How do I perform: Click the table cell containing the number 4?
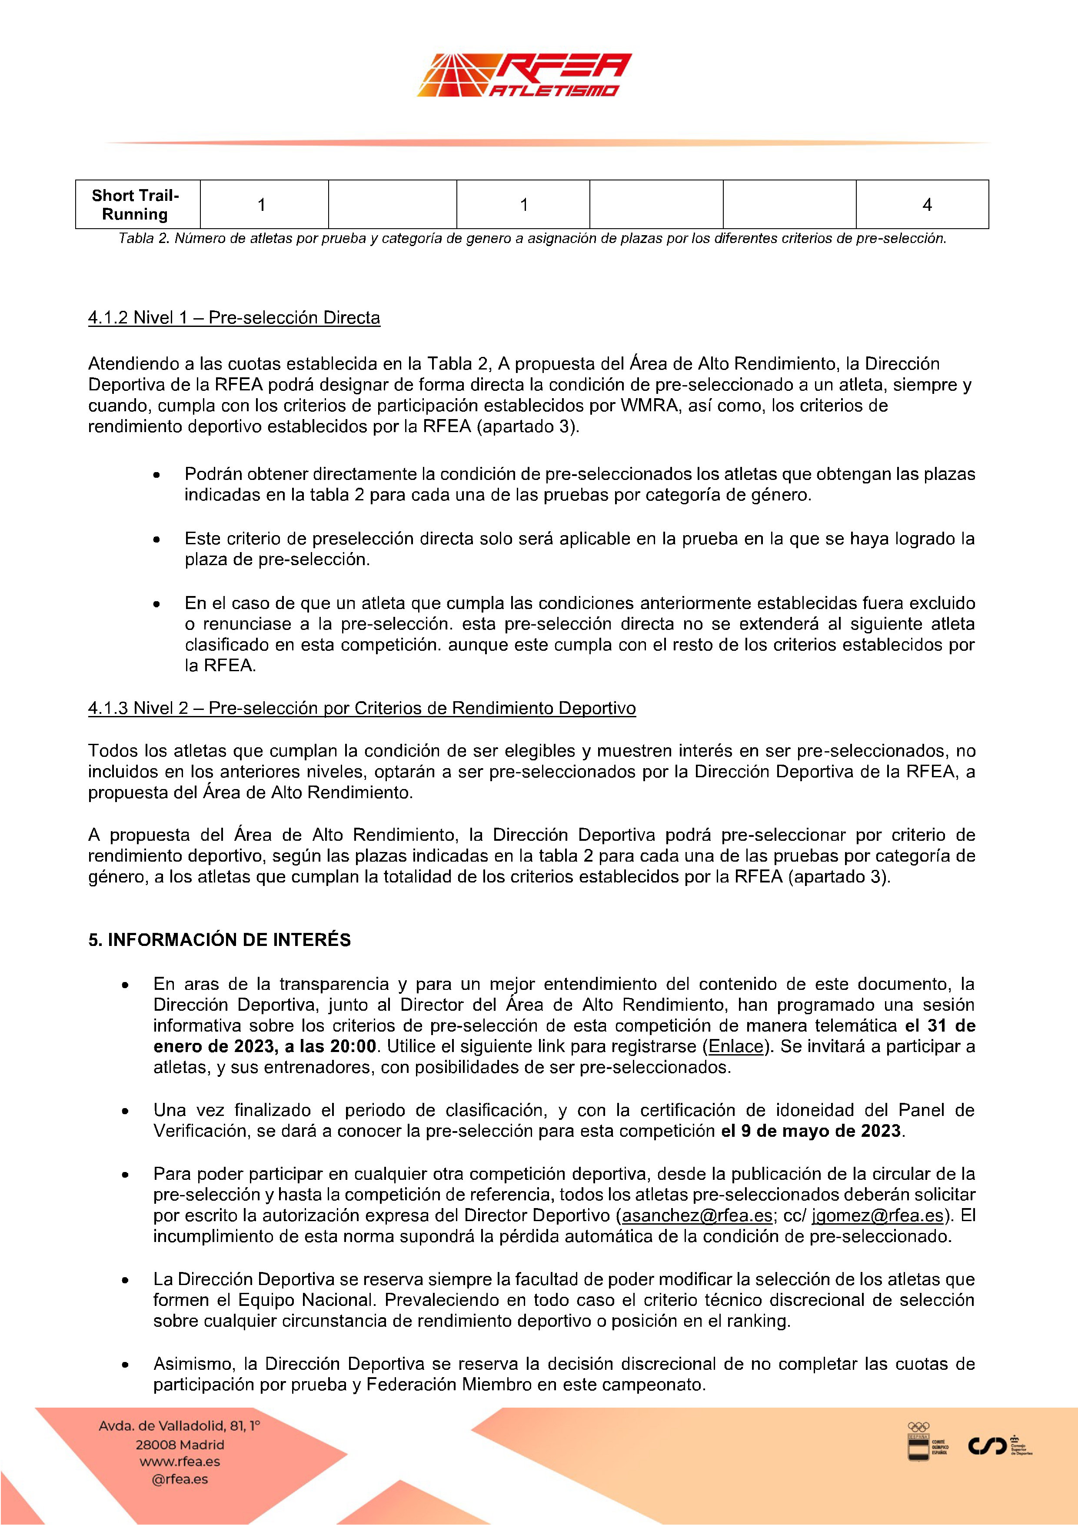[927, 205]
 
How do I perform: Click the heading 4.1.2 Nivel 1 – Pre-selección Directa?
[234, 317]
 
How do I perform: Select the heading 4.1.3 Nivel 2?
[361, 708]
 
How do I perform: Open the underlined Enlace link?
[736, 1046]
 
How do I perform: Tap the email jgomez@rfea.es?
[877, 1215]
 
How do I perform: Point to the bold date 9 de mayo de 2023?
[821, 1130]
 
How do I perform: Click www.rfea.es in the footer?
[180, 1461]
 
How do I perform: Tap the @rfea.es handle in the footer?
[180, 1479]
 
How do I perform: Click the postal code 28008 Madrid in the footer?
[180, 1445]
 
